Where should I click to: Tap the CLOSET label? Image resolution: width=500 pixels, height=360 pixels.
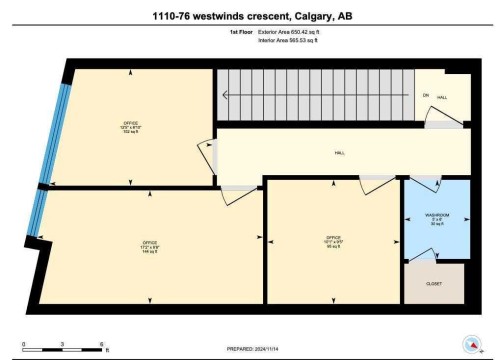click(434, 283)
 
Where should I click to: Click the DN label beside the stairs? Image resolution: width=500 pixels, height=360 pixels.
click(425, 96)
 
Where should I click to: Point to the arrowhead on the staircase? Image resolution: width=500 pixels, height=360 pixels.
click(226, 96)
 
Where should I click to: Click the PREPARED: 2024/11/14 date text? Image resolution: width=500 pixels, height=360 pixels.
click(250, 348)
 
